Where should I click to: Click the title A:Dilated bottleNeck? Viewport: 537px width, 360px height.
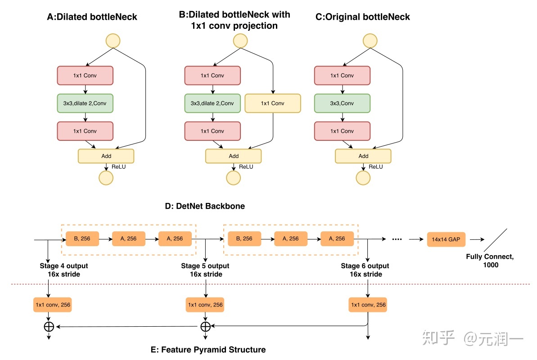click(x=92, y=17)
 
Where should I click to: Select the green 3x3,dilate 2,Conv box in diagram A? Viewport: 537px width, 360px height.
click(x=85, y=103)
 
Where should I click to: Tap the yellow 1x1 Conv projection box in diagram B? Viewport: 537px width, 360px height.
click(x=272, y=103)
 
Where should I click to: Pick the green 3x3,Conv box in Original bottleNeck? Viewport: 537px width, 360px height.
click(x=342, y=103)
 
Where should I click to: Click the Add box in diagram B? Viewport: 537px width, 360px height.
click(x=233, y=156)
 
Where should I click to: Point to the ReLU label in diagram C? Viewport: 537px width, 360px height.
click(x=375, y=166)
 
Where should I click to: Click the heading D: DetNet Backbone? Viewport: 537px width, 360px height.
click(x=205, y=207)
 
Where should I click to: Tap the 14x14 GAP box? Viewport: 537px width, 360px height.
click(x=446, y=239)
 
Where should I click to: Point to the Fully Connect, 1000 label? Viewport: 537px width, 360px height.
click(x=490, y=261)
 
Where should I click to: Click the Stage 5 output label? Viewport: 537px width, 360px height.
click(x=205, y=266)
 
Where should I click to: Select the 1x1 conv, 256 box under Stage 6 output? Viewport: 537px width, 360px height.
click(x=368, y=305)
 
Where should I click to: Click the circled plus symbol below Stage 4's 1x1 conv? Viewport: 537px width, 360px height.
click(x=48, y=326)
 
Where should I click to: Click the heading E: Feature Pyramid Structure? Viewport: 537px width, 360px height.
click(x=208, y=350)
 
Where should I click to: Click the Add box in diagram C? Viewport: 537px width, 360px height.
click(x=363, y=156)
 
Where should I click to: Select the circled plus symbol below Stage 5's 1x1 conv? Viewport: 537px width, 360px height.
click(x=205, y=326)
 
